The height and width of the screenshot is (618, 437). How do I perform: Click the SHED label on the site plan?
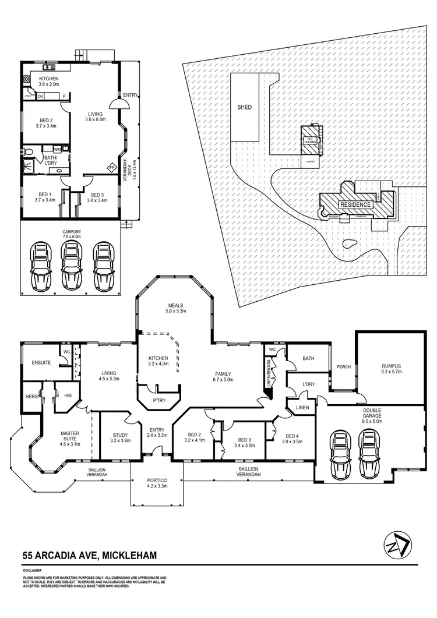click(x=244, y=107)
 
